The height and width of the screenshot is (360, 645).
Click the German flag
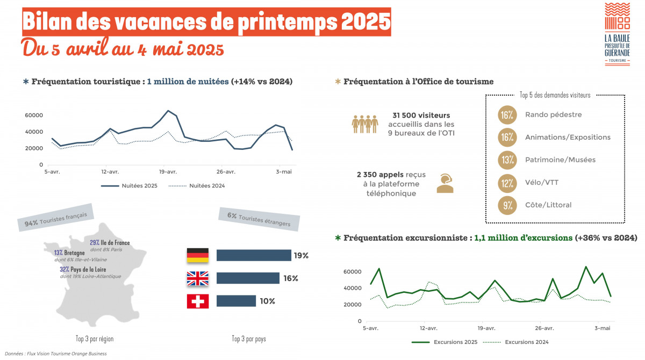click(197, 255)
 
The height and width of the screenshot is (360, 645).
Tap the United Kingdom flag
click(197, 278)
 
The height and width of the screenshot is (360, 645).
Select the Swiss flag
click(197, 301)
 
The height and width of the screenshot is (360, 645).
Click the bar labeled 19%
click(253, 255)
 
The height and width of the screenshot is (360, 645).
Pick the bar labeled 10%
click(236, 301)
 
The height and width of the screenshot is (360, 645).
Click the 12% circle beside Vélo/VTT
click(507, 183)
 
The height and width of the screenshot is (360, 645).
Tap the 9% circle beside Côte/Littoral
click(507, 205)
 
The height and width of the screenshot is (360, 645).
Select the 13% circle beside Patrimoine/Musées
click(507, 160)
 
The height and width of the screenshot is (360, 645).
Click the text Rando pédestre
click(553, 114)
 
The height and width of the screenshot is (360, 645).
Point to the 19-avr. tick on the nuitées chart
click(168, 172)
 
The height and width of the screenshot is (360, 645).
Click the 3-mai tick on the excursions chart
click(602, 328)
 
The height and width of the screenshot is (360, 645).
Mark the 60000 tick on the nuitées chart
click(33, 116)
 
